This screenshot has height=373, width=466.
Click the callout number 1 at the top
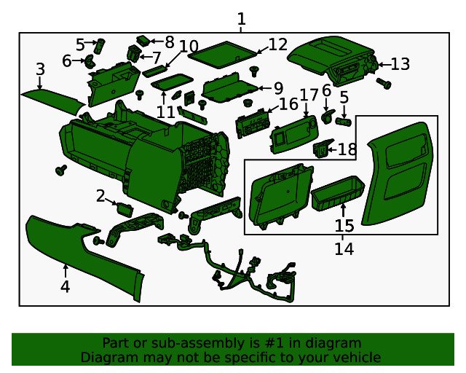click(242, 20)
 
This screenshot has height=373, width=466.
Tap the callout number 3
click(41, 70)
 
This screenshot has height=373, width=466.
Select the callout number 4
click(65, 287)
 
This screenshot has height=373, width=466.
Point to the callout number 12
click(277, 45)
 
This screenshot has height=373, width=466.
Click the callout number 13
click(400, 64)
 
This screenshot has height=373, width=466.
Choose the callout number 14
click(344, 249)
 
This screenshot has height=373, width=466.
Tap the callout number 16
click(288, 104)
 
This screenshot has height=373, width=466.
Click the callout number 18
click(347, 150)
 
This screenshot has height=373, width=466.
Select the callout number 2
click(100, 196)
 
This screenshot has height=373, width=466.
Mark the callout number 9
click(277, 88)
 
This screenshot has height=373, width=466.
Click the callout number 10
click(189, 47)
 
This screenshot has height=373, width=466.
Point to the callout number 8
click(169, 42)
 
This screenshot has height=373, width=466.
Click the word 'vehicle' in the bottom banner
click(357, 357)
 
